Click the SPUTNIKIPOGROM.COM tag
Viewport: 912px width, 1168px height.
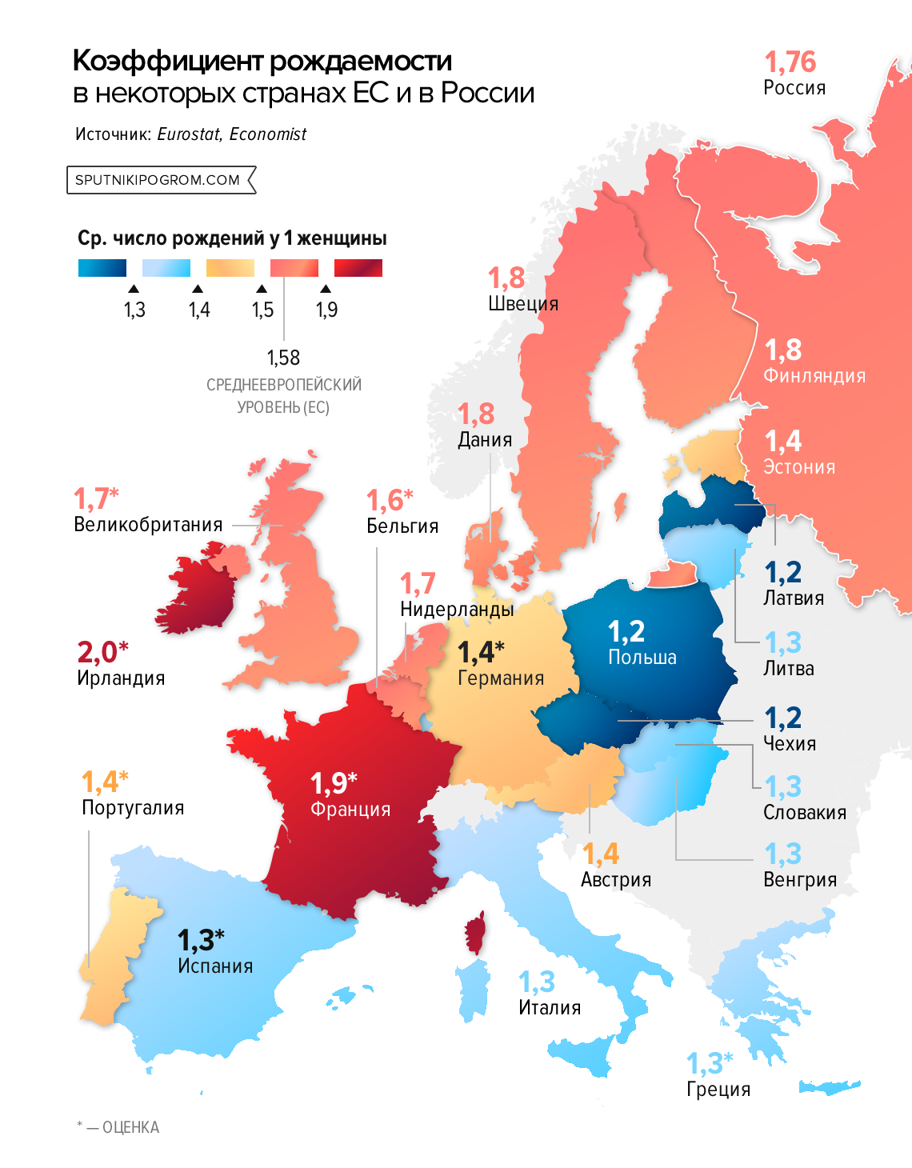(158, 180)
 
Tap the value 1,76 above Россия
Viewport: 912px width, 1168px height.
(790, 62)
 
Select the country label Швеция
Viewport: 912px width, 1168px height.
(523, 304)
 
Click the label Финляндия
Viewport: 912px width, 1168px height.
(814, 376)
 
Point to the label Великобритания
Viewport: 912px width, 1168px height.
(148, 525)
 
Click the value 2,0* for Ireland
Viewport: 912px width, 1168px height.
(102, 653)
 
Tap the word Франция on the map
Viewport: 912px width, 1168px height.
(350, 810)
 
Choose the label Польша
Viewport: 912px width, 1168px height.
(642, 658)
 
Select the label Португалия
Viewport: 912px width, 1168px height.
(133, 808)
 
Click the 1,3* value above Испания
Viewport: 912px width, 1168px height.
(200, 940)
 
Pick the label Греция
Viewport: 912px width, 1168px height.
(718, 1090)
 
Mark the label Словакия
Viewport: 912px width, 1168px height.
(804, 813)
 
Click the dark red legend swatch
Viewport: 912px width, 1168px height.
(358, 268)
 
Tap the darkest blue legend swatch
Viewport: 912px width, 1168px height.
(102, 268)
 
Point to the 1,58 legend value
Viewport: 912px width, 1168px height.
(283, 358)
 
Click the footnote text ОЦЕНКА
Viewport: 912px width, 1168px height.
(130, 1127)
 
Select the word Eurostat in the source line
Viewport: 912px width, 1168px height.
(189, 134)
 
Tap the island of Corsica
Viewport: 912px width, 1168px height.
(475, 933)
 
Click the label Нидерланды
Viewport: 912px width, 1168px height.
(457, 610)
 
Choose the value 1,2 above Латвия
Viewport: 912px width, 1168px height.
(782, 573)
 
